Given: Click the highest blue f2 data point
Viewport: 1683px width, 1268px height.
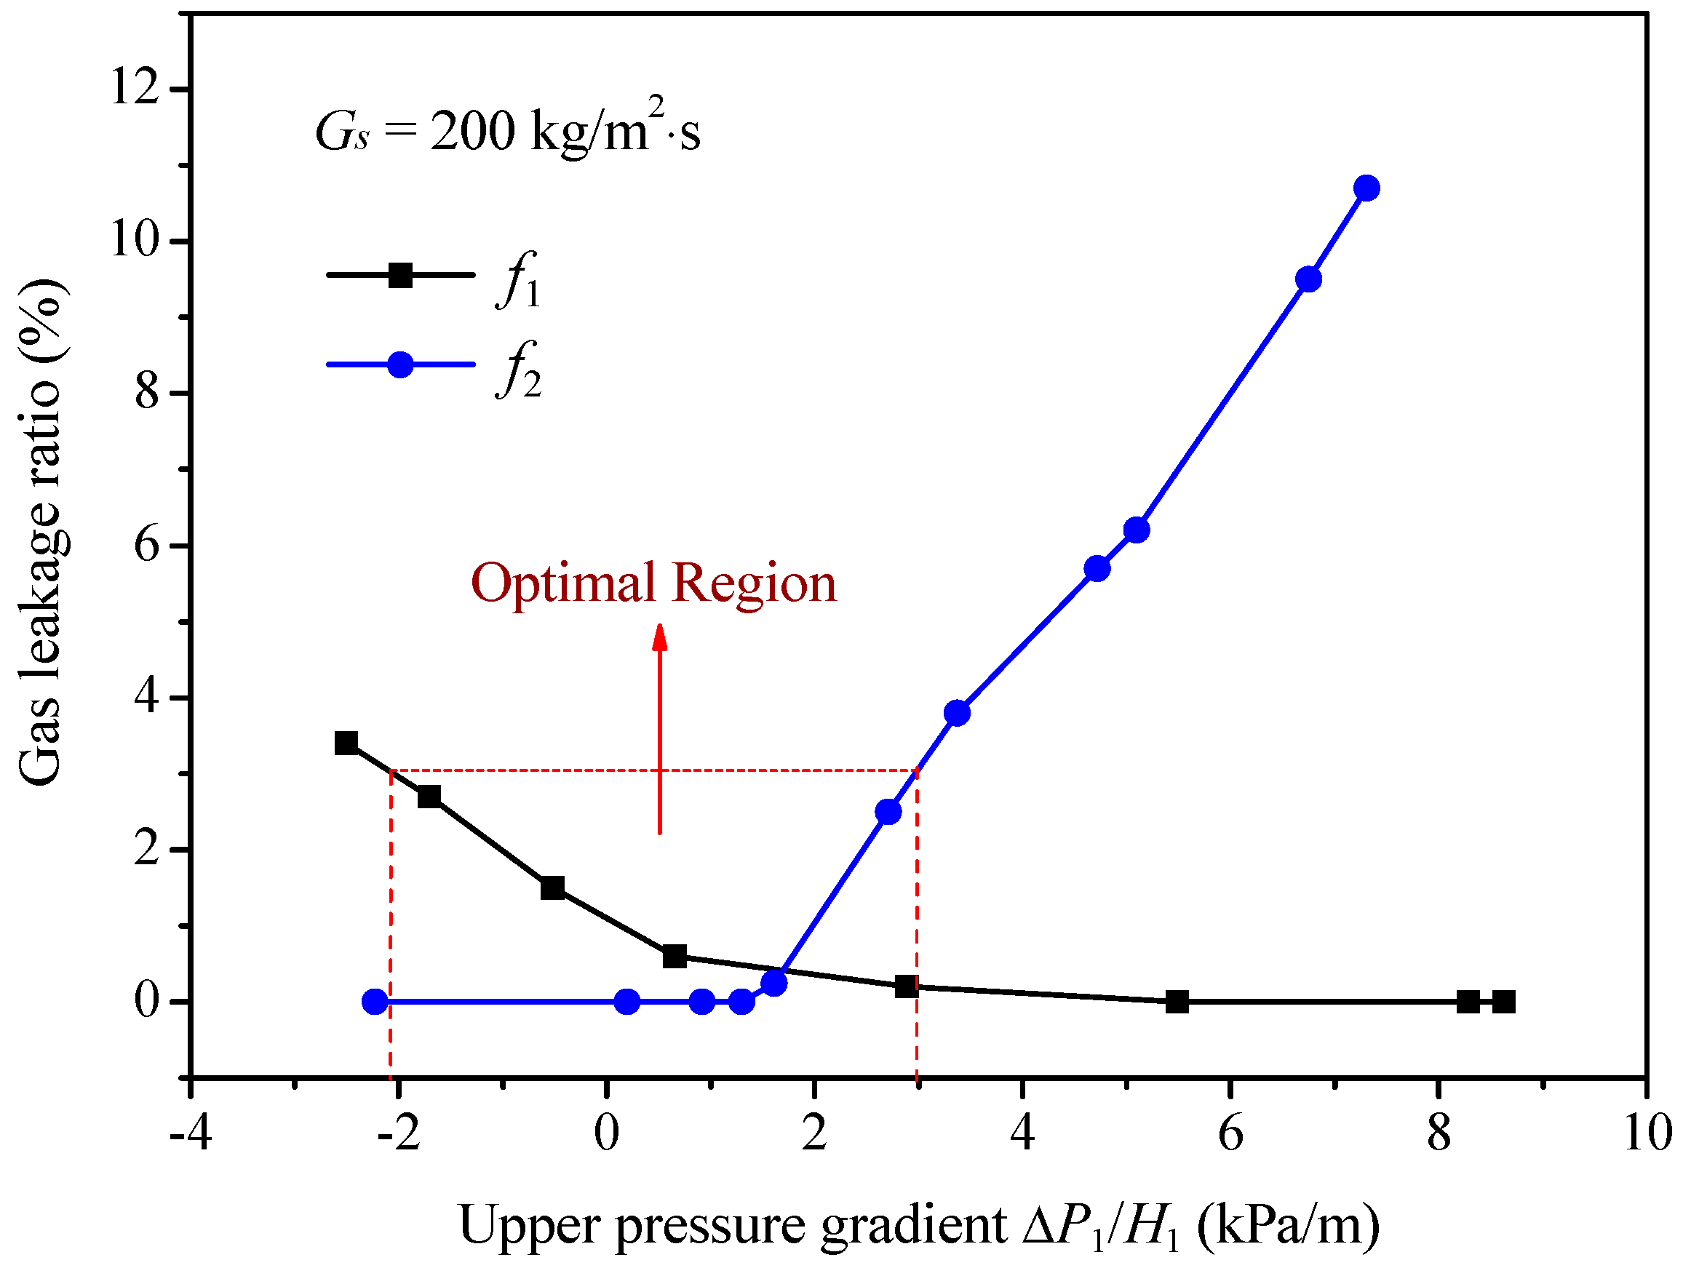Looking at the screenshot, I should pos(1366,188).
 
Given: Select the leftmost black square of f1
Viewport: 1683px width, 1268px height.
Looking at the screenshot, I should pos(346,743).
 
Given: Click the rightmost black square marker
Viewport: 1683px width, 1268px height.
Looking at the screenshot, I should pos(1503,1002).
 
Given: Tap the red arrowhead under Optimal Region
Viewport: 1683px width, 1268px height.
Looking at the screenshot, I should pos(660,637).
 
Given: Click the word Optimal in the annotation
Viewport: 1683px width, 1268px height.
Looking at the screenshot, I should pos(563,584).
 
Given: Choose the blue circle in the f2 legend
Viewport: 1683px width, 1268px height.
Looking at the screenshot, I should pos(400,364).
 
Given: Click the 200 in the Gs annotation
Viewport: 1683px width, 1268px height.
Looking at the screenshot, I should pos(472,131).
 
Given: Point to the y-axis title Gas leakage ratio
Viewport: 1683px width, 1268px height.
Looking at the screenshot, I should pos(42,533).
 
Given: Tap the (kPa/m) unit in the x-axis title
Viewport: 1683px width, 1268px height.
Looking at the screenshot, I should pos(1287,1225).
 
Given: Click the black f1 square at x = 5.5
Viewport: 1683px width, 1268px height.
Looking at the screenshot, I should pos(1177,1002).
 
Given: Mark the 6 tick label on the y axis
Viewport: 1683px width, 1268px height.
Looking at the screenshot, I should pos(146,545).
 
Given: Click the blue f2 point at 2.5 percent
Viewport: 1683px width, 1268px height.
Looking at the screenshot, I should pos(888,812).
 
